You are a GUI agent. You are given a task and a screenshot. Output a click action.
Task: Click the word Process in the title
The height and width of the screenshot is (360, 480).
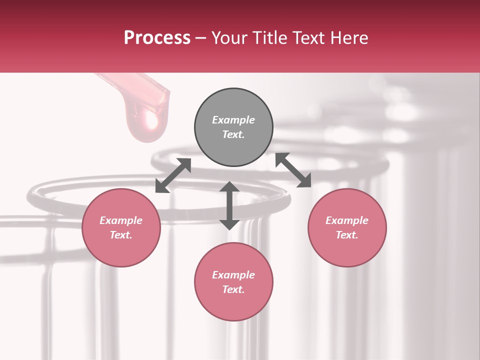(x=157, y=38)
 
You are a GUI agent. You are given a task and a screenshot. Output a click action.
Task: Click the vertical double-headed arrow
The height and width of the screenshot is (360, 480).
(x=229, y=205)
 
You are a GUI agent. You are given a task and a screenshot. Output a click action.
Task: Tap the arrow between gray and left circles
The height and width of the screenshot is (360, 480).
(x=173, y=175)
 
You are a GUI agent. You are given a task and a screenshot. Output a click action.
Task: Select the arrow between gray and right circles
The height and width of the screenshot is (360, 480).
(x=293, y=170)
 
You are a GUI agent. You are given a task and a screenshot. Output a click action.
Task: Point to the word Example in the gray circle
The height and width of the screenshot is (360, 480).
(x=233, y=120)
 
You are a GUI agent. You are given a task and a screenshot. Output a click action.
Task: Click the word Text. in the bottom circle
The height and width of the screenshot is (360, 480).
(x=233, y=289)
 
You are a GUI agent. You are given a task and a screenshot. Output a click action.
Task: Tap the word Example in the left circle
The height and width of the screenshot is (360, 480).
(x=121, y=220)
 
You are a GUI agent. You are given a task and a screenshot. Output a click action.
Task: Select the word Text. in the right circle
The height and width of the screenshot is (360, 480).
(x=347, y=235)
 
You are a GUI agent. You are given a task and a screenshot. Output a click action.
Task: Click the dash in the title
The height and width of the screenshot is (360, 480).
(x=200, y=38)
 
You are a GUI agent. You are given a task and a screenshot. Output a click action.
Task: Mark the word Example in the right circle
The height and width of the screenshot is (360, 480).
(x=347, y=220)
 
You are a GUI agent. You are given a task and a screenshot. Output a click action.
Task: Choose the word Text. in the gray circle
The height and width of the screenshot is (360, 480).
(x=233, y=134)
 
